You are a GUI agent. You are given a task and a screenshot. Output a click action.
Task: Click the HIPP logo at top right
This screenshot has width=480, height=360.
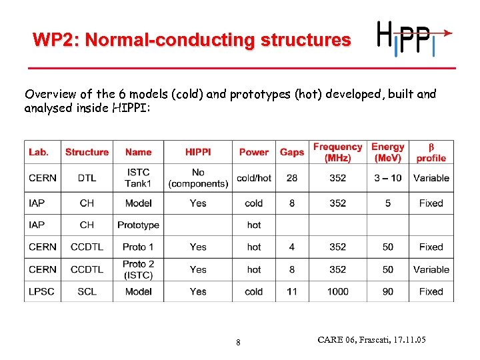coord(413,39)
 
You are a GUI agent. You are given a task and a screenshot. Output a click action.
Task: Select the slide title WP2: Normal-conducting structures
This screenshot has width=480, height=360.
coord(192,41)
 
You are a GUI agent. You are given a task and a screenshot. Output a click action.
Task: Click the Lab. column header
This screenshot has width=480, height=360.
coord(39,153)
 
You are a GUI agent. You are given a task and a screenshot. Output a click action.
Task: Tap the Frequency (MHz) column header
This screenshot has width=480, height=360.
coord(337,153)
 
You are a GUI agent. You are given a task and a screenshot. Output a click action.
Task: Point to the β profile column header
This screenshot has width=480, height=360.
coord(431,153)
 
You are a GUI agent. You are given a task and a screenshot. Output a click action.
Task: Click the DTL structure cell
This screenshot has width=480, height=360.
coord(87,178)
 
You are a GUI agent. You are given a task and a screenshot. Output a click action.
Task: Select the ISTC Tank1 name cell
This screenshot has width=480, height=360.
coord(138,178)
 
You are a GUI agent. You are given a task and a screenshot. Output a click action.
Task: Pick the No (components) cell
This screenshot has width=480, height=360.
coord(198,178)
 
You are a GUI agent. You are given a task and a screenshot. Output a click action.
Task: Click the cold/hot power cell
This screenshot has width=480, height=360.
coord(254,178)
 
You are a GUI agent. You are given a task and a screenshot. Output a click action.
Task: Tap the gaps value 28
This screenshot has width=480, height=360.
coord(292,178)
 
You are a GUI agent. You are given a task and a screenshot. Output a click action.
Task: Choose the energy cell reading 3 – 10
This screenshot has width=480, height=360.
coord(387,178)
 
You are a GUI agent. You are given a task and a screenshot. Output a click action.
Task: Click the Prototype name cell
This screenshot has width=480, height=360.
coord(138,225)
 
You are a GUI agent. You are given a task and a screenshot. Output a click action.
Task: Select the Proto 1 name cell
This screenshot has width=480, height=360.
coord(138,247)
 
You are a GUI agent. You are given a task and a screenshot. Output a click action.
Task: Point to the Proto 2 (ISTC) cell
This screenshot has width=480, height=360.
coord(138,269)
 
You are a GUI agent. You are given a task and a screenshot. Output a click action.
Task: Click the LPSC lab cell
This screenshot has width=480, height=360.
coord(43,291)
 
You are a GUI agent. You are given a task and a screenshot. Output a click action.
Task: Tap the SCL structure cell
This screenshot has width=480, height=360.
coord(87,291)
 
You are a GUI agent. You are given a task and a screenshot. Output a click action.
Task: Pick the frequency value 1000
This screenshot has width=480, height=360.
coord(337,291)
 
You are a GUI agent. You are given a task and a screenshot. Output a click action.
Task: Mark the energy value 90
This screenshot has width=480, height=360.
coord(387,291)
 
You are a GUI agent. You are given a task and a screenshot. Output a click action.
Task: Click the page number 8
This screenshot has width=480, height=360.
coord(238,343)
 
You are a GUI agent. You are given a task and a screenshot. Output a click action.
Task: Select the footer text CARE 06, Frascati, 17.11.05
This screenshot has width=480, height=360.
coord(371,341)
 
